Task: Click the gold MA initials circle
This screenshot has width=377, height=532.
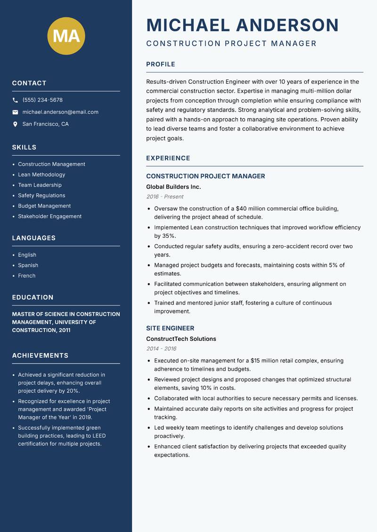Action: (x=66, y=35)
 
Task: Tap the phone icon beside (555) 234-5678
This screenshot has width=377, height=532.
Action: (x=15, y=100)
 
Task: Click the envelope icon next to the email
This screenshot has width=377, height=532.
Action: (x=15, y=112)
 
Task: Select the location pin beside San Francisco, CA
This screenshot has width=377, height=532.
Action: (x=15, y=124)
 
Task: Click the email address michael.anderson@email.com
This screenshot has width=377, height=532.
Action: (x=60, y=112)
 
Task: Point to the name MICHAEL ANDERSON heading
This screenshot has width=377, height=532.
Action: (x=242, y=25)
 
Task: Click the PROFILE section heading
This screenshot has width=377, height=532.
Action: (x=160, y=64)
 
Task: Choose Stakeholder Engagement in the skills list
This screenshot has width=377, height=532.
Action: (x=49, y=217)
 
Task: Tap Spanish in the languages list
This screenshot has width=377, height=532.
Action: (x=28, y=266)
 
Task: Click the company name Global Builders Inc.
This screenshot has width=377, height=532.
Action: (x=173, y=187)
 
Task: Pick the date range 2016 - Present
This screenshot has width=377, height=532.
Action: (x=164, y=197)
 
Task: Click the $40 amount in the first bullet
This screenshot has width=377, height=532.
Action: (x=242, y=209)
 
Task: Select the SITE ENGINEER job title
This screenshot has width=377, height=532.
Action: (x=170, y=328)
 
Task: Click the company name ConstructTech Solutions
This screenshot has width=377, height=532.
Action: (x=181, y=339)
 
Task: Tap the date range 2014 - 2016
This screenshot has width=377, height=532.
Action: (x=161, y=349)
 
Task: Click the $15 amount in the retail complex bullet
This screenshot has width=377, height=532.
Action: (x=257, y=361)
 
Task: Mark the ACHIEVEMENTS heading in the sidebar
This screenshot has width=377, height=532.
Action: (x=40, y=355)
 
